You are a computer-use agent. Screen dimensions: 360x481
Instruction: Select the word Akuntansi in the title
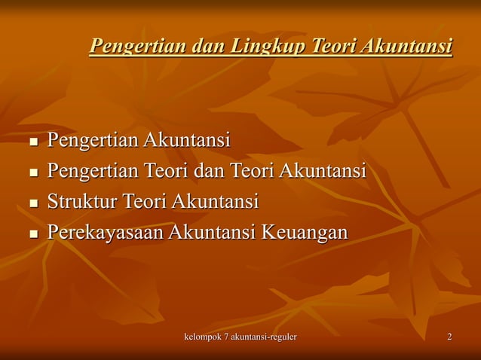click(406, 47)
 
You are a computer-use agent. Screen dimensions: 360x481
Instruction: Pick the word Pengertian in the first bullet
click(93, 140)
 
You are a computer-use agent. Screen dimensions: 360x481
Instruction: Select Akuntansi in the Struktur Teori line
click(216, 202)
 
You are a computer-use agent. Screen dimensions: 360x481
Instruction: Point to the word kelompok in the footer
click(205, 336)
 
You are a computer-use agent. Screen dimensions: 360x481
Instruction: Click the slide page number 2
click(449, 336)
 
